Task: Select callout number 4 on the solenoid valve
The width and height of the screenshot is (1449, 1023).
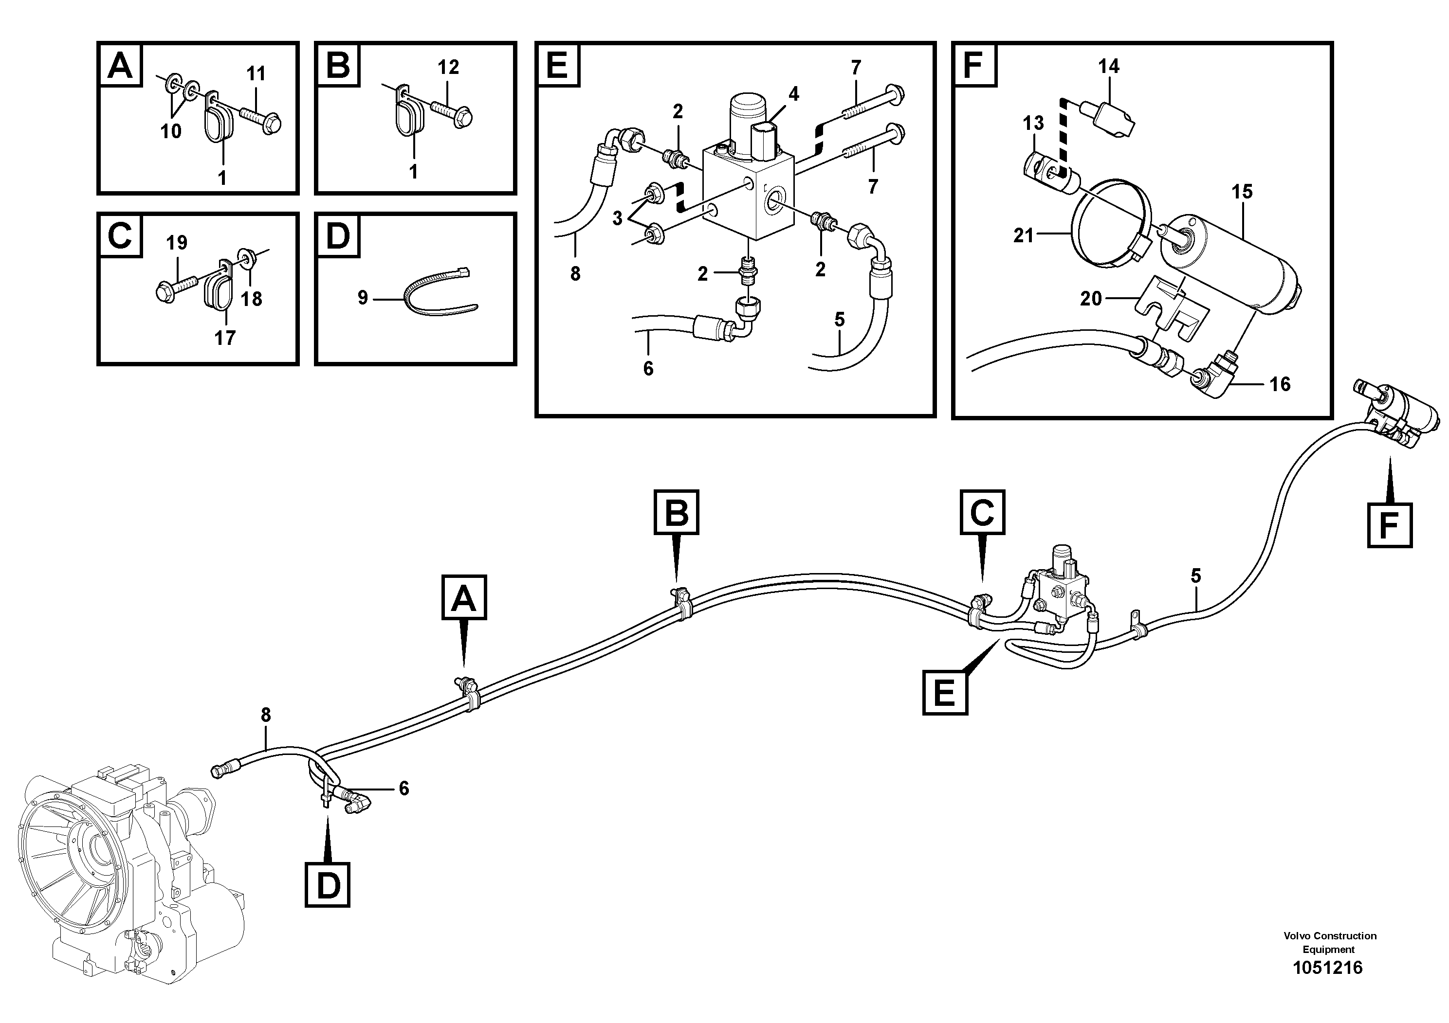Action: point(793,94)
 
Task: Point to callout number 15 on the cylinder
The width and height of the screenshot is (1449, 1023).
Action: point(1242,192)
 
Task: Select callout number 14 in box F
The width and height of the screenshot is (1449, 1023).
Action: point(1109,66)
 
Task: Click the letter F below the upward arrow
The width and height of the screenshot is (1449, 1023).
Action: point(1390,525)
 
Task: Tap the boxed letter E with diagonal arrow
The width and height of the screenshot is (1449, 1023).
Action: point(945,693)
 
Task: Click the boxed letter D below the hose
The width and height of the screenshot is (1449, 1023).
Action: point(328,885)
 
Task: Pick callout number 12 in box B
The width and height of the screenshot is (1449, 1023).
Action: point(448,67)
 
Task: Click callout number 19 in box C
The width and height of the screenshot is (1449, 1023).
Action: point(177,242)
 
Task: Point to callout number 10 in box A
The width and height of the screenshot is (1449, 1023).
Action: point(171,131)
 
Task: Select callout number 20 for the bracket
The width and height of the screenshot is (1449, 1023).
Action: point(1091,298)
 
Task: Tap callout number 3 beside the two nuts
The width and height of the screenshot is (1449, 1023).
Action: point(617,218)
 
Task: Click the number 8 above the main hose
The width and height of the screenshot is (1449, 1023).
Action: point(266,715)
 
